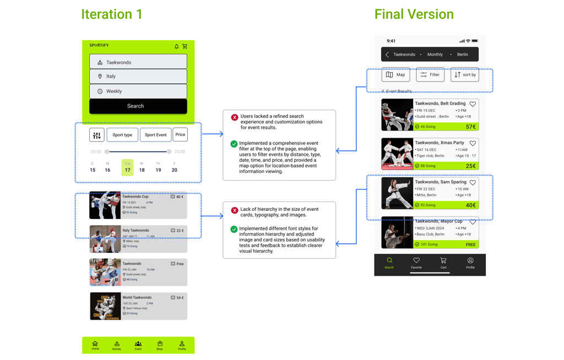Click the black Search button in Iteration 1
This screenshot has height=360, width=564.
138,106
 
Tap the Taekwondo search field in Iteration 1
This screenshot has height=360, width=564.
138,62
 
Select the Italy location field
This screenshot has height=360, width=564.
138,77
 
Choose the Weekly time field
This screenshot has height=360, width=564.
138,91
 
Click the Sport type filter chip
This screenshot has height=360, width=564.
122,135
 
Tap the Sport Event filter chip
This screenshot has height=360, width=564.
155,135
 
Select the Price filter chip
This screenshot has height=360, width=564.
180,134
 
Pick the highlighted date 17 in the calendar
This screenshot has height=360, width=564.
127,167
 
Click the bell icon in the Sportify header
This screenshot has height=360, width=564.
177,47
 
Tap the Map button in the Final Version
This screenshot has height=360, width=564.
395,75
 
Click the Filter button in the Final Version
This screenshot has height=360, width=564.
430,75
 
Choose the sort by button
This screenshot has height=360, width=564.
464,75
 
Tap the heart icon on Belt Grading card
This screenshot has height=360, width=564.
473,104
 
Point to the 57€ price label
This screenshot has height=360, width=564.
470,127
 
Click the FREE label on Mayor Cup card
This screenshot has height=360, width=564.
470,244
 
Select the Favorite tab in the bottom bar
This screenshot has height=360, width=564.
416,263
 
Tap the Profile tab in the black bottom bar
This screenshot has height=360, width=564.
470,263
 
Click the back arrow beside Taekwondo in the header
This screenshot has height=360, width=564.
387,54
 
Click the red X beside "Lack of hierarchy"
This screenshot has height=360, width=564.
235,210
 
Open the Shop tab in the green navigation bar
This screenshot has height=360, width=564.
160,345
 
